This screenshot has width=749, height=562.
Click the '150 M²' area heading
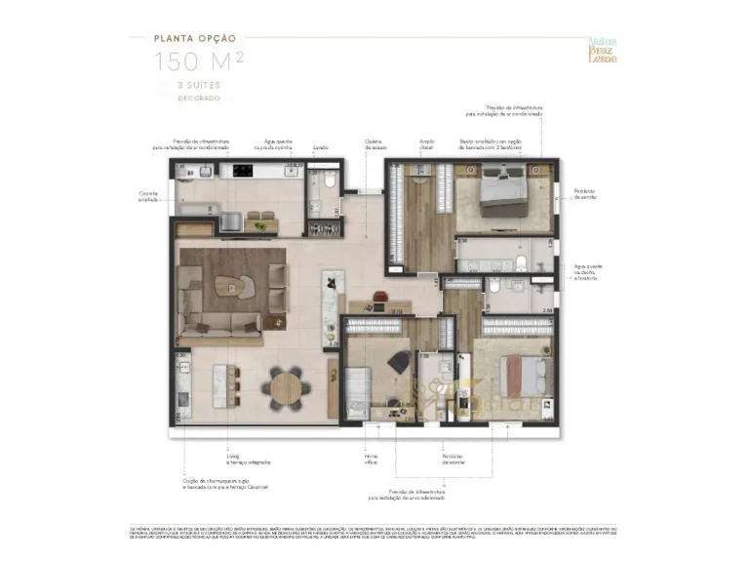198,63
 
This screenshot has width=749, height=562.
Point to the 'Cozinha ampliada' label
147,195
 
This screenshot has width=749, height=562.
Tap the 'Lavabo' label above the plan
320,148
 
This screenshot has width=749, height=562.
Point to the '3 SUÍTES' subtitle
198,87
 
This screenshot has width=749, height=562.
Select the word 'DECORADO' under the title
198,99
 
